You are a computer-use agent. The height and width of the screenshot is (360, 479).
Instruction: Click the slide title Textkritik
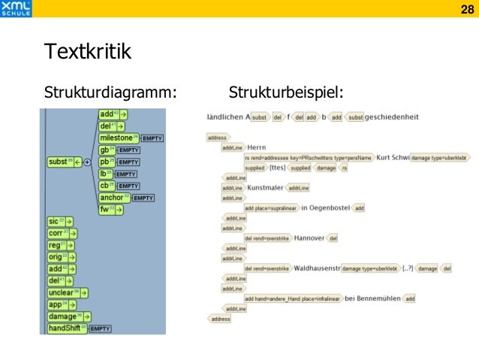point(88,53)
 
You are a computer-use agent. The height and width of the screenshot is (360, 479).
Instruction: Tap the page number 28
point(465,8)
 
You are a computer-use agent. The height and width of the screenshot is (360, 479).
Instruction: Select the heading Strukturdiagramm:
point(110,92)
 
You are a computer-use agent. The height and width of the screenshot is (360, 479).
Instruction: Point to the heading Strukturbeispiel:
point(286,92)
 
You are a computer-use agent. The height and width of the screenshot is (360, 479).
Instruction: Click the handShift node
point(65,328)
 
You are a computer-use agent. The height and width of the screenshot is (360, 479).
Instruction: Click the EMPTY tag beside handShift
point(101,329)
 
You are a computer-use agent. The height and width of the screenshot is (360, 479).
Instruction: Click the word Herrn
point(256,148)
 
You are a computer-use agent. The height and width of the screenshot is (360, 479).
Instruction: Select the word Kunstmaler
point(266,187)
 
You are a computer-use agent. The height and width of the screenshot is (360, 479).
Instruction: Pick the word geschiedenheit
point(392,117)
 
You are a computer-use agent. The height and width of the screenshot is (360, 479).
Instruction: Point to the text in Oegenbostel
point(326,207)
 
